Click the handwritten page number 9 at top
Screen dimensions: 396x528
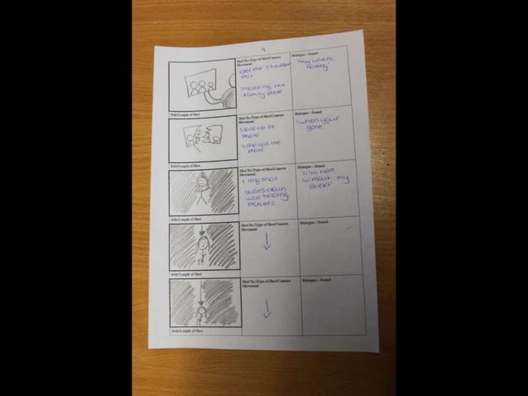[261, 48]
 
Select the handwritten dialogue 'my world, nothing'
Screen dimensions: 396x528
[315, 65]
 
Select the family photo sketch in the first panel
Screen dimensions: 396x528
[199, 87]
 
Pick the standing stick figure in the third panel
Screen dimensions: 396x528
[199, 190]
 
